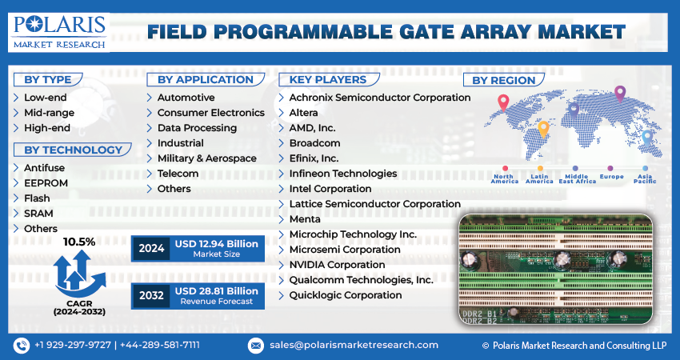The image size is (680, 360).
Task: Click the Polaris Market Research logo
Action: [59, 33]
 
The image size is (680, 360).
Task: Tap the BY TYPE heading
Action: [48, 80]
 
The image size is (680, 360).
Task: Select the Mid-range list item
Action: [49, 113]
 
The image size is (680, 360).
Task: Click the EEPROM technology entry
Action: [46, 183]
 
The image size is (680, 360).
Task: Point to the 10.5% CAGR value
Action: [79, 242]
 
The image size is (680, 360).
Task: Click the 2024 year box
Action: [151, 249]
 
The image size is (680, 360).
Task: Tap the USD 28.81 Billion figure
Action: [217, 291]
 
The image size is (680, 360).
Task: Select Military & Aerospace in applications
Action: [207, 158]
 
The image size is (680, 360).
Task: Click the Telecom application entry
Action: [178, 174]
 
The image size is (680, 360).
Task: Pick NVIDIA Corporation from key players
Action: [337, 265]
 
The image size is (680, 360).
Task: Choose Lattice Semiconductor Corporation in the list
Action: [374, 204]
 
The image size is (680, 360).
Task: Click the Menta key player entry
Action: [305, 219]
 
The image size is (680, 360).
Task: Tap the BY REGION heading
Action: [503, 80]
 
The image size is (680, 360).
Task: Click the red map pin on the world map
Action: [503, 102]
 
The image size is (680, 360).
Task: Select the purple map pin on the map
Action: [620, 94]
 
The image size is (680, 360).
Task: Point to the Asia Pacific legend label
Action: [645, 178]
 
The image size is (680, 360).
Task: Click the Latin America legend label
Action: [539, 178]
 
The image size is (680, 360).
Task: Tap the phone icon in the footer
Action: [22, 346]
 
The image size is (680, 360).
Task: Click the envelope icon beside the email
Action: [256, 346]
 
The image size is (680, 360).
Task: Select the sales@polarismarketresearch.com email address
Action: [354, 345]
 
